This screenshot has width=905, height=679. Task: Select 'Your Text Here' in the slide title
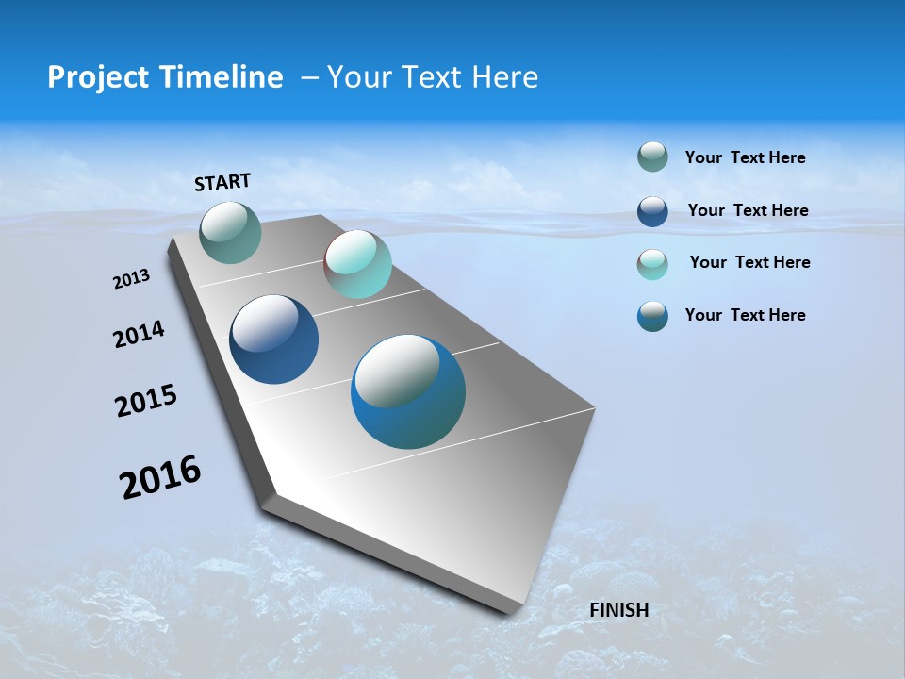click(x=433, y=77)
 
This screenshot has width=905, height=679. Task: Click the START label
click(x=222, y=182)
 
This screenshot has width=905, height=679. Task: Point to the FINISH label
click(x=618, y=610)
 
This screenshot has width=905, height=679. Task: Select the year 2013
click(x=131, y=279)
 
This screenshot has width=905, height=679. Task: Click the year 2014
click(x=140, y=335)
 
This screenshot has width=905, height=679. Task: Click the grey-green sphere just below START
click(x=230, y=233)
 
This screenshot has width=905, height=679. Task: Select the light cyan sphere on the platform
click(x=357, y=264)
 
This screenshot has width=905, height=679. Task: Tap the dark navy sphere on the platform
click(x=274, y=339)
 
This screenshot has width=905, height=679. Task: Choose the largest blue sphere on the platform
click(x=408, y=391)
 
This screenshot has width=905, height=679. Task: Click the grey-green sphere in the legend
click(x=652, y=157)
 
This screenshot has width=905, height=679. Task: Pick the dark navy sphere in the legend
click(x=652, y=211)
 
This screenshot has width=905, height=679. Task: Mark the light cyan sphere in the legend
click(x=652, y=264)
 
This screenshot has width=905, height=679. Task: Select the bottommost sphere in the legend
click(x=652, y=316)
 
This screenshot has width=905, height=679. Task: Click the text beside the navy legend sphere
click(x=748, y=210)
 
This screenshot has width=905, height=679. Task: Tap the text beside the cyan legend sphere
click(x=749, y=262)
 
